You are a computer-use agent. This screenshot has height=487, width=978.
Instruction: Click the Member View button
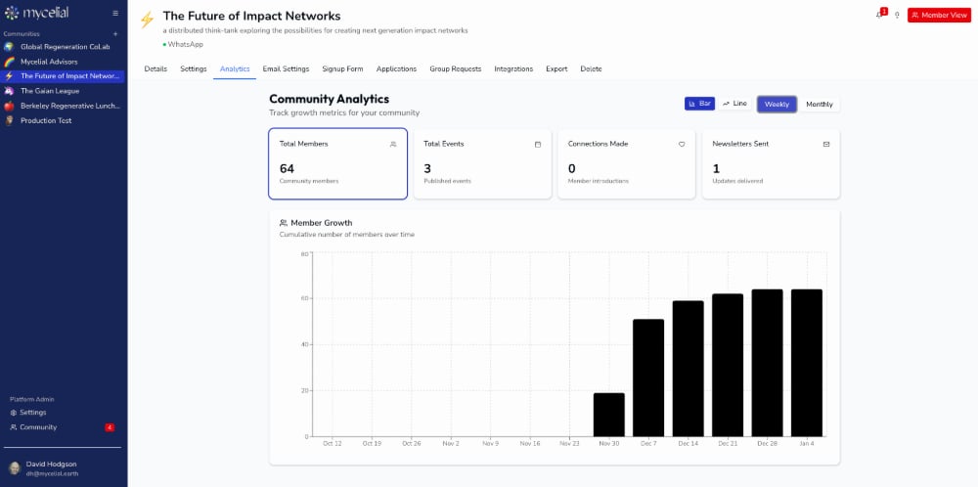939,15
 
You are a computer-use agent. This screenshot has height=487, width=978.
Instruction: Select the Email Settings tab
287,68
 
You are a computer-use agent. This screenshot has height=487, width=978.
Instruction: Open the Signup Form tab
342,68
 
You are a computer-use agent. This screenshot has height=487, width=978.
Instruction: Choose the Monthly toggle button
820,104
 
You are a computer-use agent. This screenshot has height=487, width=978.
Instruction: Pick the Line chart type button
734,104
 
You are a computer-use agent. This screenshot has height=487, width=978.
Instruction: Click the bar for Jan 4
807,363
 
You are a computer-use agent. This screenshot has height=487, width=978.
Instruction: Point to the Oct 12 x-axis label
333,443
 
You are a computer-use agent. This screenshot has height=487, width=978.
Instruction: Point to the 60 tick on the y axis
304,298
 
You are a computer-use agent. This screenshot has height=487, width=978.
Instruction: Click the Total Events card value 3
427,168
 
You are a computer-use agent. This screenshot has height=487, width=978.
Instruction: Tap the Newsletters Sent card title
740,144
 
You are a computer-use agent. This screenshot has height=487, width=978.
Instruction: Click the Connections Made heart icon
682,144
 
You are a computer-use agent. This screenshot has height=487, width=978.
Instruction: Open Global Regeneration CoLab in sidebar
66,46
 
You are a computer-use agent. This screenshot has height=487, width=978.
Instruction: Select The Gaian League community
50,90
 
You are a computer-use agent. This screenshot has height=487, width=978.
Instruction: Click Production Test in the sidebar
46,120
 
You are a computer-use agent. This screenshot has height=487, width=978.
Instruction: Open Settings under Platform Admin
32,413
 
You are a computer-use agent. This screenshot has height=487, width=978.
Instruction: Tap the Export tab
556,68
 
